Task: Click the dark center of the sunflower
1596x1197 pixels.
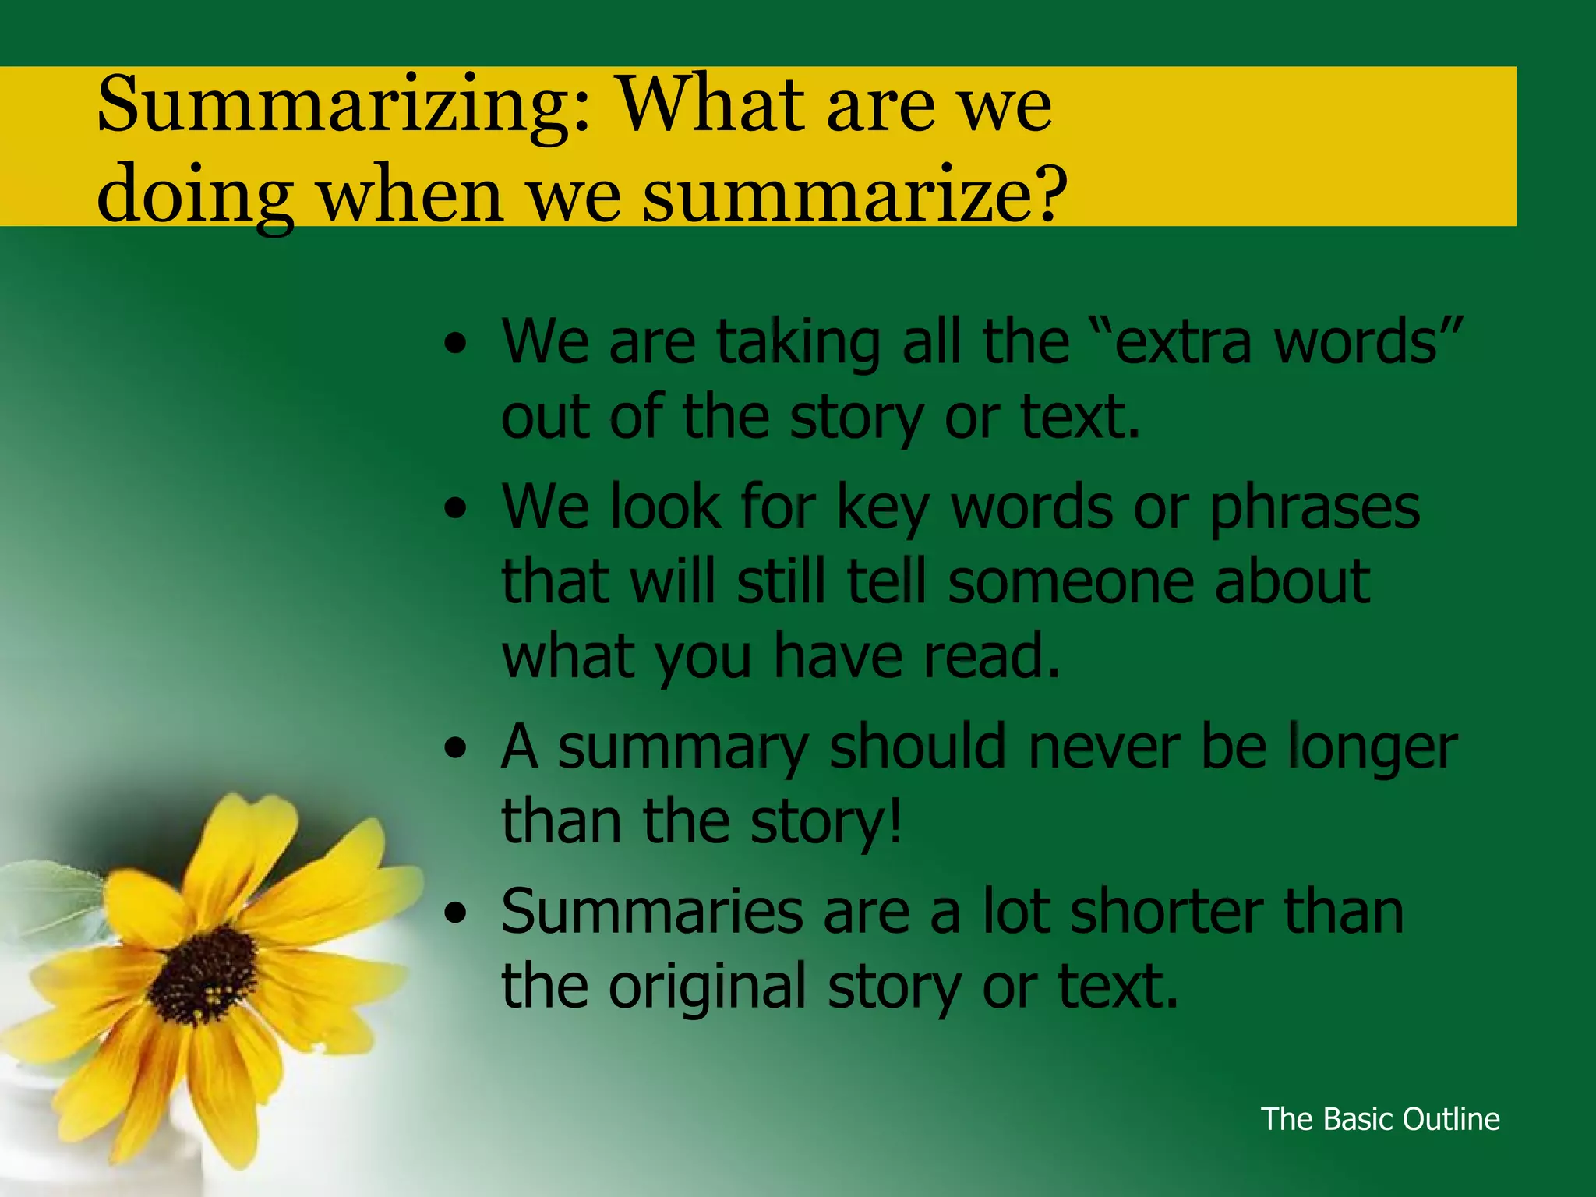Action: point(203,975)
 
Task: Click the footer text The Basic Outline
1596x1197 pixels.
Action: point(1380,1119)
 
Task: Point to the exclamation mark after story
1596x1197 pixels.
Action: point(895,821)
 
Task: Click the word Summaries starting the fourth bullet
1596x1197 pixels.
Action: point(651,912)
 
